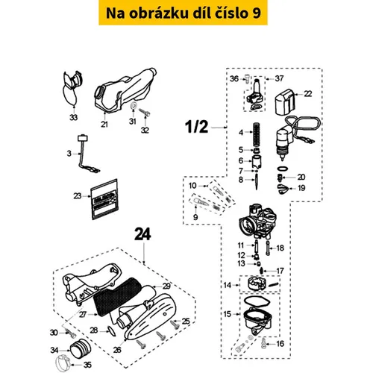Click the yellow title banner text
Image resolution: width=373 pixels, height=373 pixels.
(x=184, y=13)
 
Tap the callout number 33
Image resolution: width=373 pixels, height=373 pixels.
(x=73, y=117)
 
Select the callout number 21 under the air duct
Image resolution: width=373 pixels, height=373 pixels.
(x=104, y=124)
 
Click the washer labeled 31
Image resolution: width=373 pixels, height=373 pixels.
(x=134, y=105)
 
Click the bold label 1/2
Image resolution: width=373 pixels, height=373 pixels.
(x=196, y=127)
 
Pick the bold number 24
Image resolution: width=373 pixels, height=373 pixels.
(x=142, y=235)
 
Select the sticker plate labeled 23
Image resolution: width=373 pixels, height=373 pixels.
(x=104, y=199)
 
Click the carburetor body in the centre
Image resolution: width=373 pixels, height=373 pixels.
(x=257, y=221)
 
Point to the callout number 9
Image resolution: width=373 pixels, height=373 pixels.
(x=195, y=217)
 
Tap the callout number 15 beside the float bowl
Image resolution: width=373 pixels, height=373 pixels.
(x=228, y=314)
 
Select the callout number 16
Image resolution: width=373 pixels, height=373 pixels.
(x=280, y=344)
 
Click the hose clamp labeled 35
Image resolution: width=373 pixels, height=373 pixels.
(x=62, y=363)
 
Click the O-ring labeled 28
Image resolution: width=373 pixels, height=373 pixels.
(x=111, y=332)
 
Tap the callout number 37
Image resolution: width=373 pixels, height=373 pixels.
(x=279, y=78)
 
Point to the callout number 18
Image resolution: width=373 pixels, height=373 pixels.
(x=280, y=248)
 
